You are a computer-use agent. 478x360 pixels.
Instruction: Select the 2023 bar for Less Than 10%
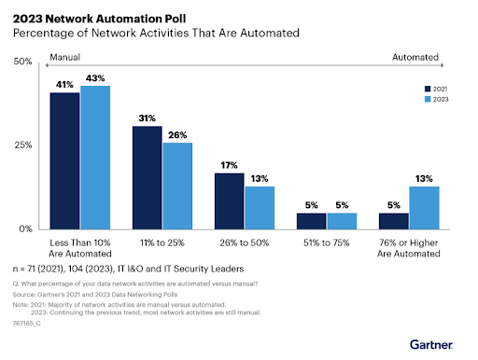click(95, 157)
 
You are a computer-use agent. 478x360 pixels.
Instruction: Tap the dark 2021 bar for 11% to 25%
click(147, 177)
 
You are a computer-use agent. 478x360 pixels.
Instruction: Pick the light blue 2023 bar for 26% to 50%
click(259, 207)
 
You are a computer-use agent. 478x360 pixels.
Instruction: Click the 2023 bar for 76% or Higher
click(423, 207)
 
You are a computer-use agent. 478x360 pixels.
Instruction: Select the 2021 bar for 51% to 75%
click(311, 221)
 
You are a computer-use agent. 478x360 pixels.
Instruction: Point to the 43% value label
click(95, 77)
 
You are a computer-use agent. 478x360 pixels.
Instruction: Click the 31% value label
click(147, 118)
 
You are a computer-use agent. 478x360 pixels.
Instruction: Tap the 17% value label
click(229, 165)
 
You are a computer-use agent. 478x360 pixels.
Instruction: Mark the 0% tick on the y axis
click(26, 228)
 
